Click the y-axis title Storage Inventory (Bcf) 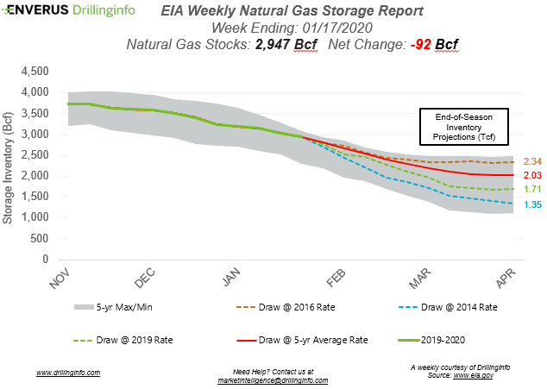pos(9,164)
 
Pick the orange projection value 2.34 pos(530,161)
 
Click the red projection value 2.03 pos(530,176)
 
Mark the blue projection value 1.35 pos(530,204)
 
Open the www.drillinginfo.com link pos(68,373)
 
